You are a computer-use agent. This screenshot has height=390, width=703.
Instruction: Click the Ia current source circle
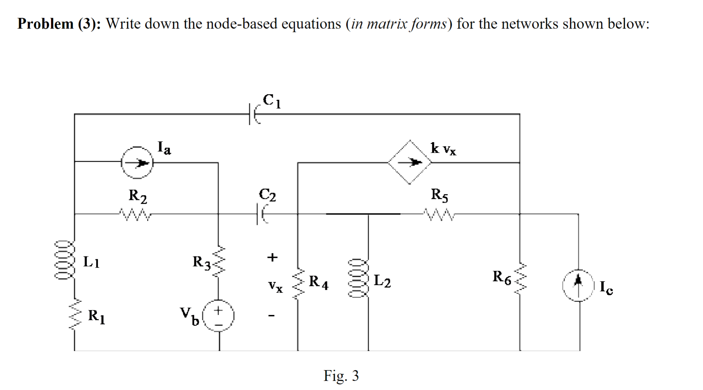coord(137,162)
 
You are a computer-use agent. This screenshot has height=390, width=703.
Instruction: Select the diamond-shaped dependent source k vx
coord(410,162)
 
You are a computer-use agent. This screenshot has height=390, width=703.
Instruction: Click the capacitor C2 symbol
coord(261,214)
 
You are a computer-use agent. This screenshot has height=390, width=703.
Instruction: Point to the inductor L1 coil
coord(65,260)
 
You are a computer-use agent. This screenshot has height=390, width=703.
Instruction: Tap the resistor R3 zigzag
coord(218,262)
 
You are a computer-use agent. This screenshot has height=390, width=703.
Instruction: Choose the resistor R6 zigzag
coord(520,278)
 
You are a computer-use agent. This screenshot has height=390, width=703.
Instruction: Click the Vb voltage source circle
coord(219,315)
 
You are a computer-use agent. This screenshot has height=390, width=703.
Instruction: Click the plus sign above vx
coord(272,257)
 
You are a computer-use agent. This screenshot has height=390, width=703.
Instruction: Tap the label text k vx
coord(443,148)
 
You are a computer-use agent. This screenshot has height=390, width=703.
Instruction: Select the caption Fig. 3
coord(341,376)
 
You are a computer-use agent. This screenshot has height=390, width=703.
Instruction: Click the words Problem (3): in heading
coord(59,24)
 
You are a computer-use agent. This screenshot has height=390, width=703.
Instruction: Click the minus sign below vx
coord(272,316)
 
